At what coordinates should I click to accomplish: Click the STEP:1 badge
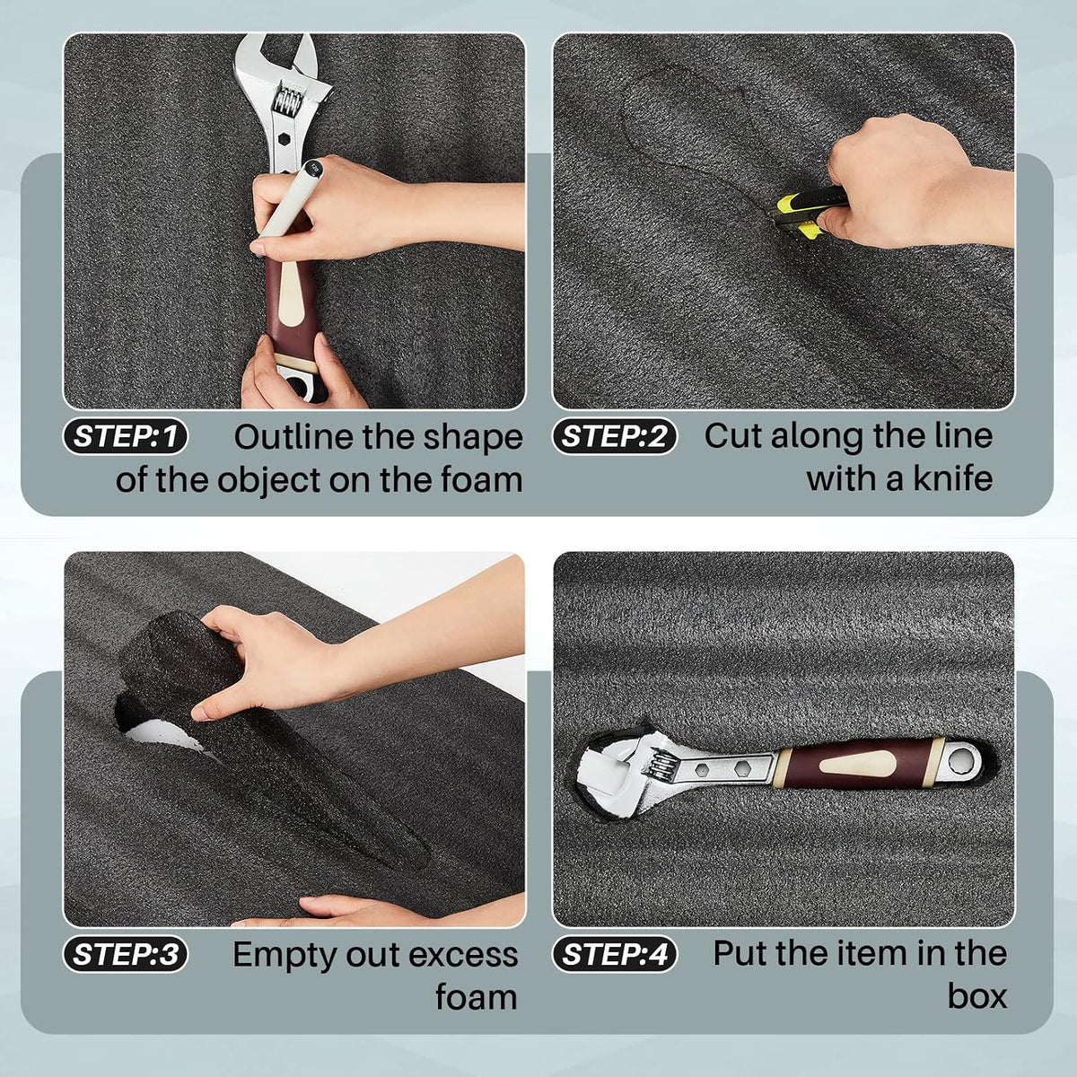(125, 436)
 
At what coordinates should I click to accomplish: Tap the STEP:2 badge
(614, 436)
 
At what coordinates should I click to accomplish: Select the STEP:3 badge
(125, 953)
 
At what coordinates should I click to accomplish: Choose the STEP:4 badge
(614, 953)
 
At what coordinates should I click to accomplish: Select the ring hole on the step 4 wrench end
(965, 761)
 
